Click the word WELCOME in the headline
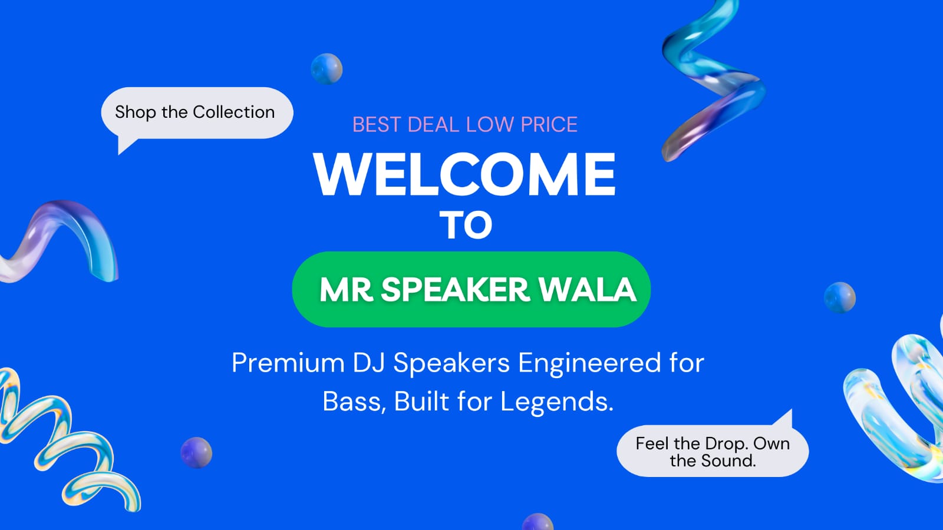464,174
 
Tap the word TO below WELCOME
466,225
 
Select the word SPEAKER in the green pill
455,289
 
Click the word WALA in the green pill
588,289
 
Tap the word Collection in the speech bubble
233,112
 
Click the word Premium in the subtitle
288,363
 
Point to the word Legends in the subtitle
557,402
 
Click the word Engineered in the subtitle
589,363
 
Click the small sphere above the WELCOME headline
327,68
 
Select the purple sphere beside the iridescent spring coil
196,453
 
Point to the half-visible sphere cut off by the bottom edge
538,522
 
